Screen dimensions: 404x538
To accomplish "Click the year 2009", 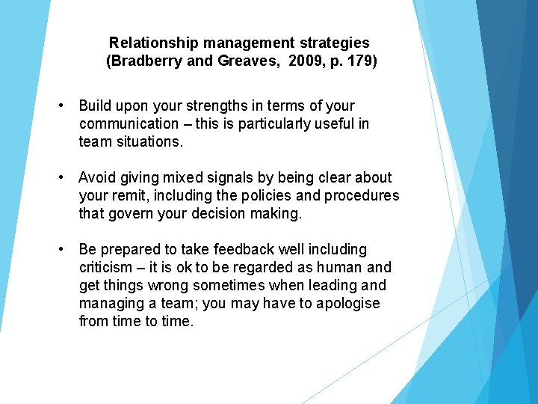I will point(305,61).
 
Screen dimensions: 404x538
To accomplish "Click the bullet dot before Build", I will point(66,105).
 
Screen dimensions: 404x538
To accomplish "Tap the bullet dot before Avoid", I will point(66,177).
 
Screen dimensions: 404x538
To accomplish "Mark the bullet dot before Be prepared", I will point(66,249).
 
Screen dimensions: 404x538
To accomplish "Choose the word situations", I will point(149,141).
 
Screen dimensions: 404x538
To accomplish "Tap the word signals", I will point(223,177).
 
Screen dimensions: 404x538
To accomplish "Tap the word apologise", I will point(347,303).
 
